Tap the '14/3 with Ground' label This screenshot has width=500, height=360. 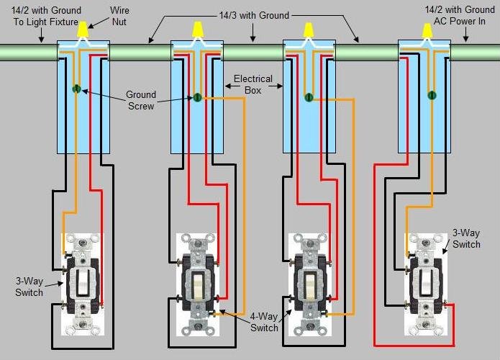tap(253, 15)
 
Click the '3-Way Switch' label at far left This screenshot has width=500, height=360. tap(29, 287)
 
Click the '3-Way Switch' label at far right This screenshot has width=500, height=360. tap(465, 239)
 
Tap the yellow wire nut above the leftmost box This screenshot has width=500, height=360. tap(83, 30)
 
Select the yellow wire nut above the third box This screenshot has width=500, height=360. tap(309, 30)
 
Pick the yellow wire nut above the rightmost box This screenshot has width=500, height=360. tap(423, 30)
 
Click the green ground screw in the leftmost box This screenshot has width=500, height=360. tap(76, 89)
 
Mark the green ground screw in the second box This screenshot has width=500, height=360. tap(196, 98)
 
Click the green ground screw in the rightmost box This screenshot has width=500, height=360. tap(432, 94)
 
